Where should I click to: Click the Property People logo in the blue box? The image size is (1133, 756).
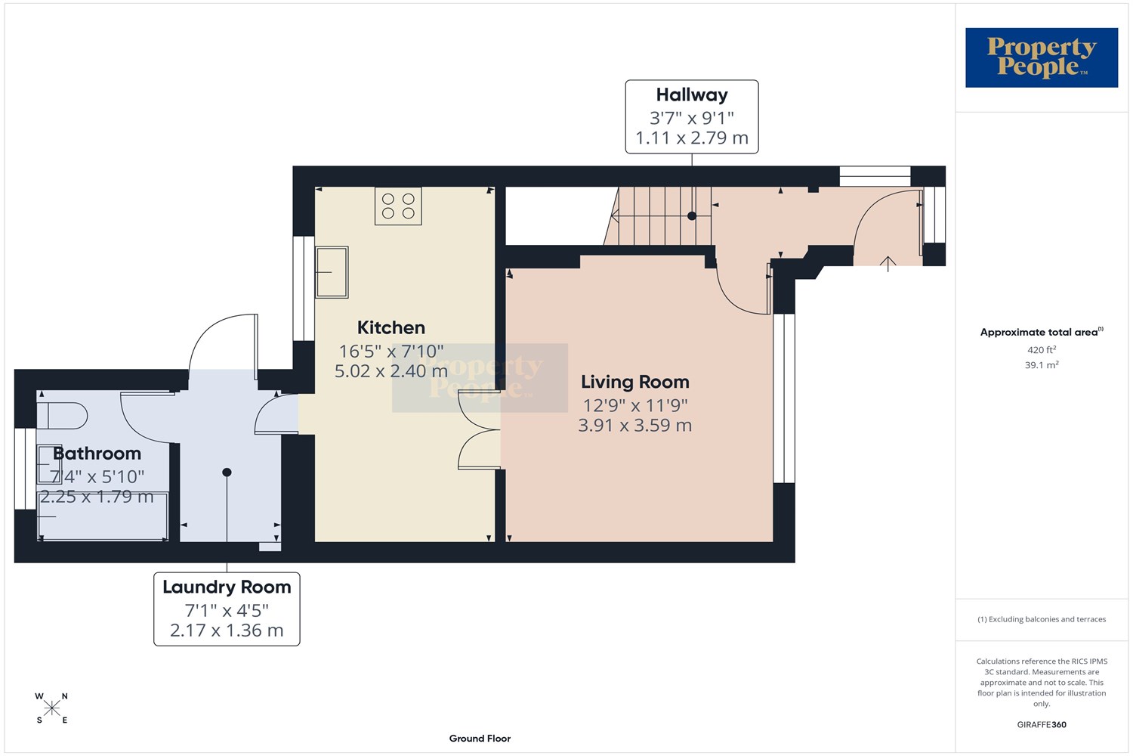1042,57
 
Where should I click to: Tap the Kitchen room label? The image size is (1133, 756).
391,327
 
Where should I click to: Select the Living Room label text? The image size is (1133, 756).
634,382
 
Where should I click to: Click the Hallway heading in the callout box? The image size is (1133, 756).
692,94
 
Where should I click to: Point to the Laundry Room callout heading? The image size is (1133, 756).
227,587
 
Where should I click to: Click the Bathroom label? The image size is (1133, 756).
97,453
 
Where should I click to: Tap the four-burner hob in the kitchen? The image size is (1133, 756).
398,206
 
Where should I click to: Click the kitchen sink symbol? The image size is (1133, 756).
332,272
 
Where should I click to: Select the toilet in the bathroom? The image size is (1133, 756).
62,416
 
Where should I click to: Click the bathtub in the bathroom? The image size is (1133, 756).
103,516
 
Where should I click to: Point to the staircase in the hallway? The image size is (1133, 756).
658,215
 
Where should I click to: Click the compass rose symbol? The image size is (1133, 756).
51,708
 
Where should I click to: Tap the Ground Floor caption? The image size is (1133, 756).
480,739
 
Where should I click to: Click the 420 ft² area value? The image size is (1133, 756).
1042,349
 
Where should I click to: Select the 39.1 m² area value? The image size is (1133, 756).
1042,364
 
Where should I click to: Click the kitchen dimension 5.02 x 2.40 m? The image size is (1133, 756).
391,370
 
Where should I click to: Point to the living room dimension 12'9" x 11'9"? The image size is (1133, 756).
635,405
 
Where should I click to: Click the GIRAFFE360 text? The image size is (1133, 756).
1042,724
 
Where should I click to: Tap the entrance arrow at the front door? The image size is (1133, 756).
888,263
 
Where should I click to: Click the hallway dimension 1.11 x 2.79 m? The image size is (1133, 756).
692,138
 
